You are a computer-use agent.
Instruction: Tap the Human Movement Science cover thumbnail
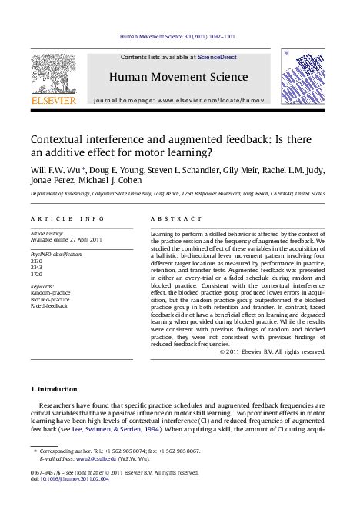302,75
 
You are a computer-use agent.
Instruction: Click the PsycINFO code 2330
35,261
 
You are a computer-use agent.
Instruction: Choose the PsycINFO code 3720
35,275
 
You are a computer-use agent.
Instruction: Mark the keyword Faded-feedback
48,305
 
